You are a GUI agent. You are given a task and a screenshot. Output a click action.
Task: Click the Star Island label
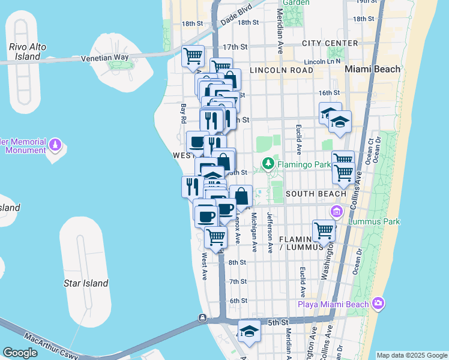[86, 283]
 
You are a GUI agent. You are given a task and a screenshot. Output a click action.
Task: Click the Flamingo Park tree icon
[267, 164]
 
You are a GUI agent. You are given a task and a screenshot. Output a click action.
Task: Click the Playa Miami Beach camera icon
[378, 304]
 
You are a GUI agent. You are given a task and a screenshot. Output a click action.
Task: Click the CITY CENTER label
[330, 43]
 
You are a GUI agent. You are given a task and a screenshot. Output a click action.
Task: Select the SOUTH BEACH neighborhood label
[316, 194]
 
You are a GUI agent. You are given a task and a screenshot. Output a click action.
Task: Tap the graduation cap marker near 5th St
[249, 331]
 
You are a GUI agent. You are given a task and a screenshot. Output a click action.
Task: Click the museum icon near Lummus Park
[336, 211]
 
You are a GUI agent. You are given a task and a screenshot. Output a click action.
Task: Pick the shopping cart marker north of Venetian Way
[193, 57]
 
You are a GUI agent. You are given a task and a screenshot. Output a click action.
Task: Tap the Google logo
[20, 352]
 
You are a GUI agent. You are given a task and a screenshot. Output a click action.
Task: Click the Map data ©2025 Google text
[411, 355]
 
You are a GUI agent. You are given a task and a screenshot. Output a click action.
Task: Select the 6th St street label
[238, 301]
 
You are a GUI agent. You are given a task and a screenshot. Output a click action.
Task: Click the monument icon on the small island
[55, 145]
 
